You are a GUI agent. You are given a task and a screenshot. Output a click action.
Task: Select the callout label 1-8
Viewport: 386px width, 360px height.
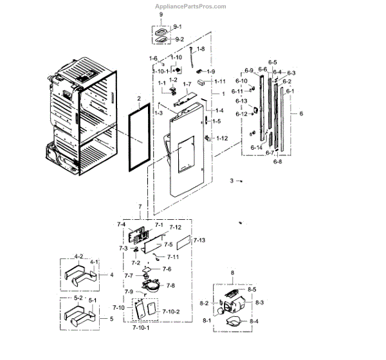pyautogui.click(x=201, y=50)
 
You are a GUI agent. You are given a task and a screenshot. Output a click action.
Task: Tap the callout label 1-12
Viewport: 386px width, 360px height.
pyautogui.click(x=222, y=138)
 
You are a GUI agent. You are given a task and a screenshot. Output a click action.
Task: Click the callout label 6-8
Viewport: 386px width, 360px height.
pyautogui.click(x=277, y=162)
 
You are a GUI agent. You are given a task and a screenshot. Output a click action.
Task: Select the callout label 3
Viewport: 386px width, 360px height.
pyautogui.click(x=232, y=181)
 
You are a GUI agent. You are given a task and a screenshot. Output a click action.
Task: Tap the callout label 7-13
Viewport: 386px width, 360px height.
pyautogui.click(x=199, y=240)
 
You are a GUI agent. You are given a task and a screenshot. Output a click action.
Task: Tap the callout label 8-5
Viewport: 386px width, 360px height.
pyautogui.click(x=252, y=290)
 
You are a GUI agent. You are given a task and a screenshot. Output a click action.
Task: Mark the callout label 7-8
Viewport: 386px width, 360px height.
pyautogui.click(x=170, y=285)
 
